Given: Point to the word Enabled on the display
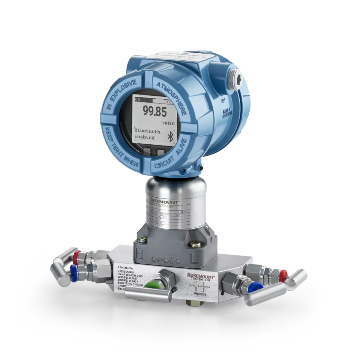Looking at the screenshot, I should point(145,138).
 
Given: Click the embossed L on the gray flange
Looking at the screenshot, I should point(194,258).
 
